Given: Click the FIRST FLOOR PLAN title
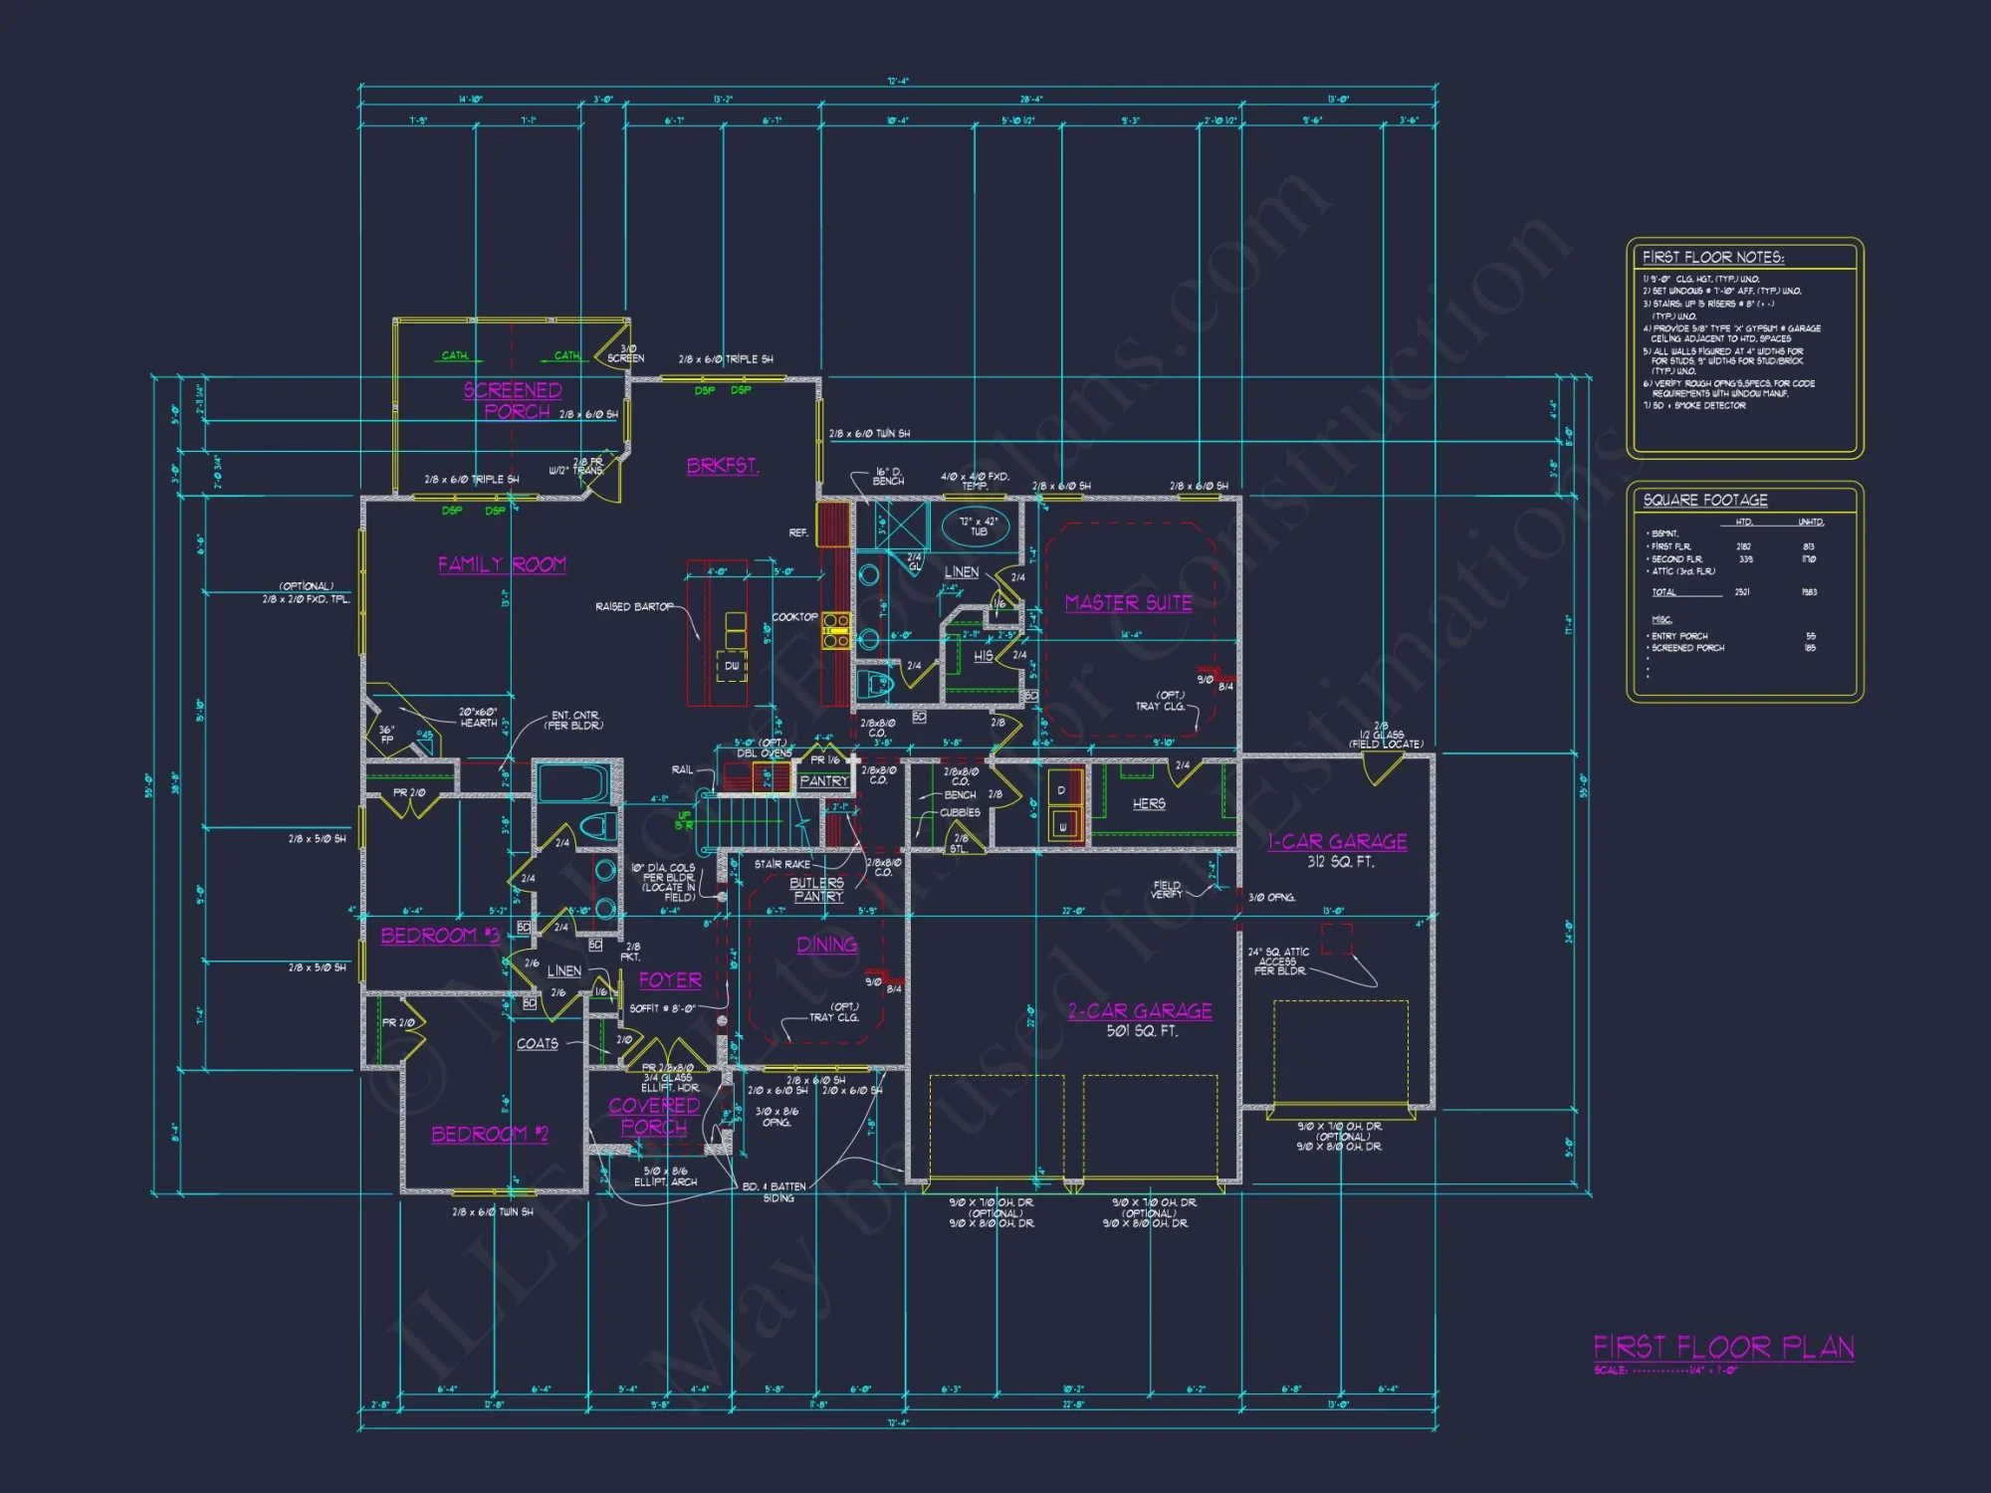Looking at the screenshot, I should click(x=1723, y=1348).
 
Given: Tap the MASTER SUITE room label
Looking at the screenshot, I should click(x=1128, y=603).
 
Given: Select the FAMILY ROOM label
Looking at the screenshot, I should click(x=502, y=564).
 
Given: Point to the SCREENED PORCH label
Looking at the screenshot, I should click(x=513, y=400).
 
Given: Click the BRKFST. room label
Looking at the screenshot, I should click(x=723, y=466).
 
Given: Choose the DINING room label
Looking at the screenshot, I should click(x=826, y=945).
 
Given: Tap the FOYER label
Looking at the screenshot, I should click(x=670, y=980).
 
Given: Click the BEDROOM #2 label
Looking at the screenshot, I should click(x=489, y=1134).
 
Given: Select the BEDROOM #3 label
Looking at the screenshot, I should click(x=439, y=936).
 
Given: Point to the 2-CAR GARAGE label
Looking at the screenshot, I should click(x=1140, y=1011).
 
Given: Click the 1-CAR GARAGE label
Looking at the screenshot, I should click(x=1337, y=842).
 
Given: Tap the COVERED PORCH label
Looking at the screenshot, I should click(x=654, y=1116).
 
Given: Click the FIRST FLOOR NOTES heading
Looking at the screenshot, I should click(x=1712, y=257).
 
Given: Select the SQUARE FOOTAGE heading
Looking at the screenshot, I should click(x=1705, y=500).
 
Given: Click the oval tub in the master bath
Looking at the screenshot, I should click(x=978, y=526).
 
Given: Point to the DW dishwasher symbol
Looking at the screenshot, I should click(x=732, y=666).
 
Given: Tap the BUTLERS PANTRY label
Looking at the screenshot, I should click(x=817, y=890).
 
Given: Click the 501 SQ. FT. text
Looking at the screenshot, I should click(x=1142, y=1031).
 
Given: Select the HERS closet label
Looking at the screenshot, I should click(x=1149, y=803).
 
